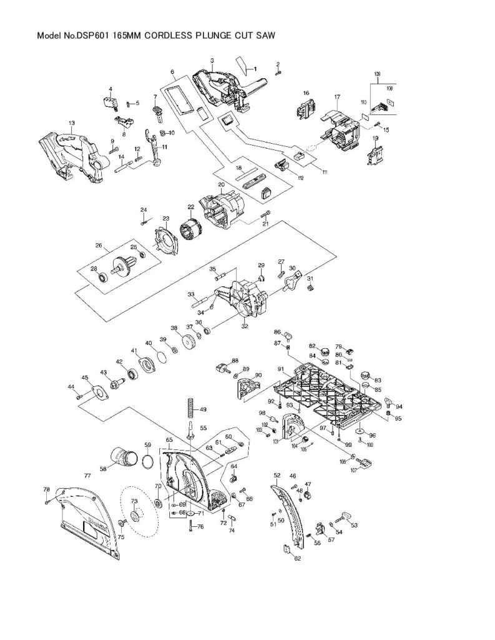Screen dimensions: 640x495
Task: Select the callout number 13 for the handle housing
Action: pyautogui.click(x=71, y=123)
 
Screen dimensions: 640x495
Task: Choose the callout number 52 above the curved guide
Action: pyautogui.click(x=277, y=475)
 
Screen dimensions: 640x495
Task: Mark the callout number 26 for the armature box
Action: pyautogui.click(x=98, y=246)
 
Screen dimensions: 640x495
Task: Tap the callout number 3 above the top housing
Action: pyautogui.click(x=212, y=61)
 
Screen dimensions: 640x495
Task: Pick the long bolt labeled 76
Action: pyautogui.click(x=189, y=526)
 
